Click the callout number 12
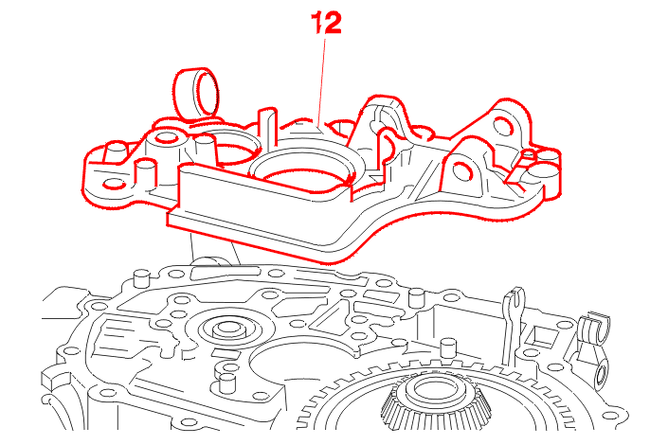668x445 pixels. (x=324, y=24)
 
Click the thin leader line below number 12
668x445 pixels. (x=324, y=80)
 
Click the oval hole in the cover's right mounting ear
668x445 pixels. (x=462, y=171)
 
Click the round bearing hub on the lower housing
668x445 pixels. (x=226, y=330)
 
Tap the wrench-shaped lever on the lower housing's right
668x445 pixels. (x=514, y=311)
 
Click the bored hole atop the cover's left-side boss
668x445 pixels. (x=167, y=138)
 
